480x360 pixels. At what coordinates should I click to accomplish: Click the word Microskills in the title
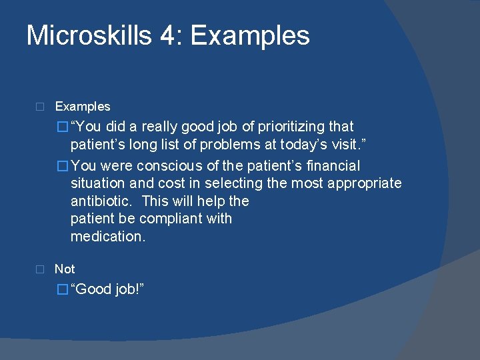(89, 36)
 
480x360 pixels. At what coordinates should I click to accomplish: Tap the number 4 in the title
(167, 36)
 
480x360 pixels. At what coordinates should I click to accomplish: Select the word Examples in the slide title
(250, 36)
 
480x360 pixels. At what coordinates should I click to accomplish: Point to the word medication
(107, 237)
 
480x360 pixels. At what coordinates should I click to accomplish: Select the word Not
(65, 269)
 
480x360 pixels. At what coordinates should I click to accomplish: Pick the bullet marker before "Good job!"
(63, 289)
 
